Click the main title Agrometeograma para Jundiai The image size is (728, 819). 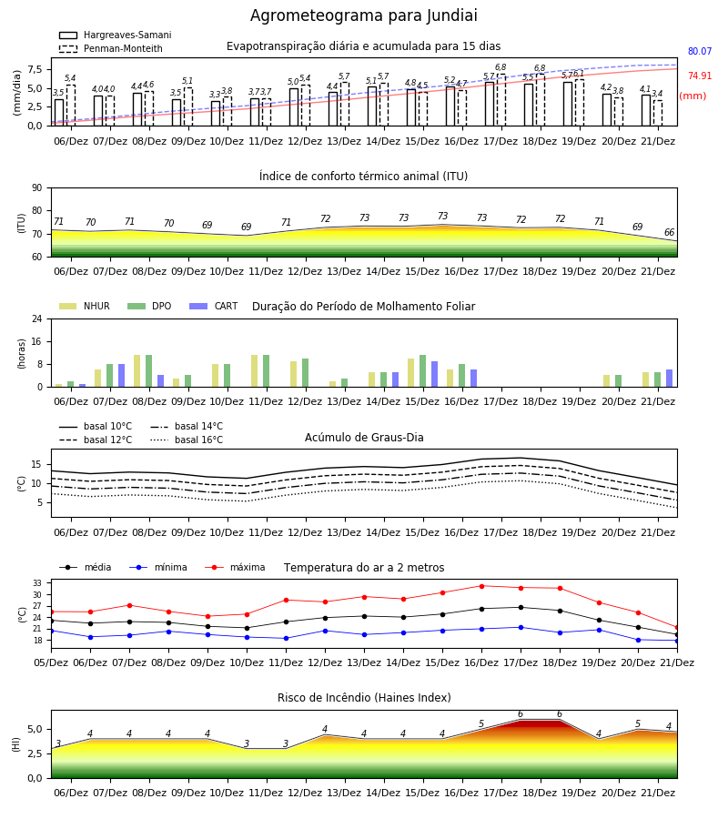click(363, 15)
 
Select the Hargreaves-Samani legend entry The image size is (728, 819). click(115, 35)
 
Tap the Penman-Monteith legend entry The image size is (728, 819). click(111, 48)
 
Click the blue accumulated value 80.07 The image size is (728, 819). click(700, 51)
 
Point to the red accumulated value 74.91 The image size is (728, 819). click(700, 76)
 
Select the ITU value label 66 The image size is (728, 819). click(669, 232)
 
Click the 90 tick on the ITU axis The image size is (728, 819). click(36, 188)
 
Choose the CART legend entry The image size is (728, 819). click(214, 306)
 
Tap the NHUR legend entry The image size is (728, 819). click(85, 306)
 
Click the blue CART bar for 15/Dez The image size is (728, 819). click(434, 374)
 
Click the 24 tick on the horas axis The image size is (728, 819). click(36, 318)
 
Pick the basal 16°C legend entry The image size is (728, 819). click(187, 440)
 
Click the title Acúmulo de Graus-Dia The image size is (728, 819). click(364, 437)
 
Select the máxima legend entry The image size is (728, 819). click(235, 567)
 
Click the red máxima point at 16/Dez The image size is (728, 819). click(481, 586)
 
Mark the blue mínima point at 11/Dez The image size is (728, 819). click(286, 638)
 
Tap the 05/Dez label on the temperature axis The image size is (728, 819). click(51, 662)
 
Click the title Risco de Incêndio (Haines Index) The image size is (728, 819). click(364, 698)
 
